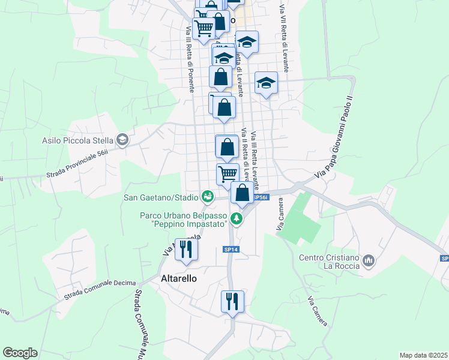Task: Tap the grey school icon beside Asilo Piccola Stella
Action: [123, 140]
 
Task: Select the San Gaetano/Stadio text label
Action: [161, 197]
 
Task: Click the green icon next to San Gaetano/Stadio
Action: [208, 196]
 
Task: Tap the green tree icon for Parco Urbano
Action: [238, 218]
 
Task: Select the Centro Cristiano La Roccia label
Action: [330, 262]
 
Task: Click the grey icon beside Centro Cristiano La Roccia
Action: [369, 261]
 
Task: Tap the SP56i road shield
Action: [259, 197]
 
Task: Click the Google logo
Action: [20, 353]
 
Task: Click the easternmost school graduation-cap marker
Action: [266, 83]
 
